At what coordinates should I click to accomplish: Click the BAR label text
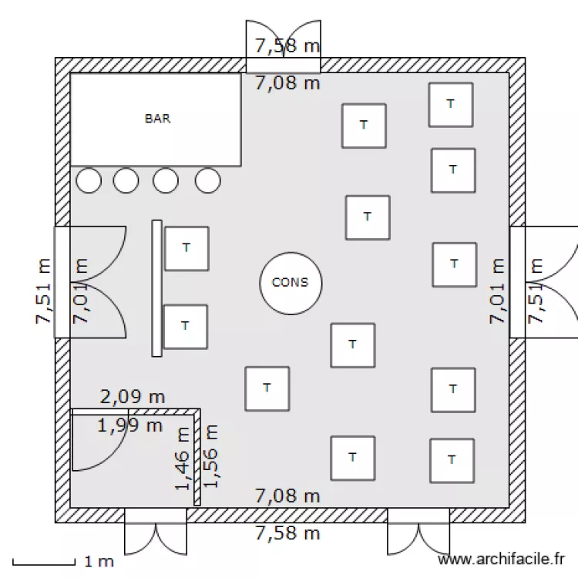pos(157,119)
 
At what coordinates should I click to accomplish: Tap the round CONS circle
pos(290,282)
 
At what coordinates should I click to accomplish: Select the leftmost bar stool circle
pos(89,180)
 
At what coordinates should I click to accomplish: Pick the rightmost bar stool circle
pos(207,180)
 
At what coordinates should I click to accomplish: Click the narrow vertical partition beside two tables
pos(156,288)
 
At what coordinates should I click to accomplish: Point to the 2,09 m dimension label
pos(133,398)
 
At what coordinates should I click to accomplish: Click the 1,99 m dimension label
pos(129,425)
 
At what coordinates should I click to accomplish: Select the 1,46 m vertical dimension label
pos(183,459)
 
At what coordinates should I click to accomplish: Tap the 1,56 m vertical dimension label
pos(210,456)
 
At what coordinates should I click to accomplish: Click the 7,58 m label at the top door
pos(287,45)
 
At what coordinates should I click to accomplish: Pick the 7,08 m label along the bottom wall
pos(287,496)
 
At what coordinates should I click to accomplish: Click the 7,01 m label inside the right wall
pos(499,291)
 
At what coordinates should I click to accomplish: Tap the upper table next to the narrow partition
pos(186,248)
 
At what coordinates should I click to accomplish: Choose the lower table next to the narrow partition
pos(185,326)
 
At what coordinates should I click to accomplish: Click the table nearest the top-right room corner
pos(451,104)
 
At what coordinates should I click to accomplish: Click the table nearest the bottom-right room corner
pos(452,460)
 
